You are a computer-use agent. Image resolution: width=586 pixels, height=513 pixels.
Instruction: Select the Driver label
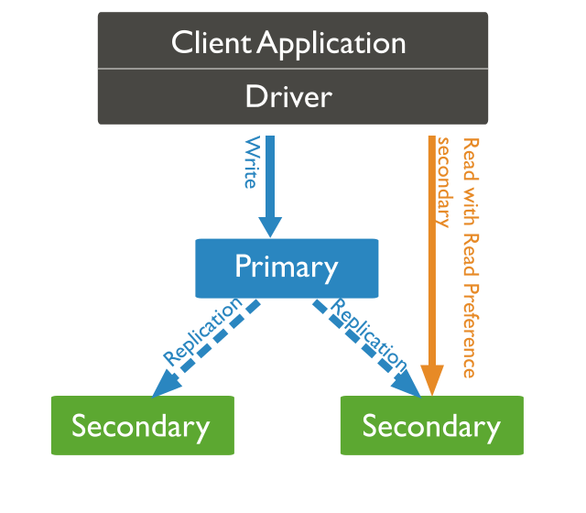(288, 96)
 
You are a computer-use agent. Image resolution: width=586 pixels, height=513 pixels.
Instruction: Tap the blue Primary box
(287, 267)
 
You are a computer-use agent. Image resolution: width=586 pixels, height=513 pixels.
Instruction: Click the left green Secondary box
(141, 426)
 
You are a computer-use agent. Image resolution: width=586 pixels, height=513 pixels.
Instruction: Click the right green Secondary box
(431, 426)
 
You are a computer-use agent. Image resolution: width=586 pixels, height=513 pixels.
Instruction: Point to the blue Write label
(250, 163)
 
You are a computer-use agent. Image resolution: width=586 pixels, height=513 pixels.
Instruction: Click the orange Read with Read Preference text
(470, 256)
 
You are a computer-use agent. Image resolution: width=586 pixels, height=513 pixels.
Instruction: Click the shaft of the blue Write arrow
(269, 174)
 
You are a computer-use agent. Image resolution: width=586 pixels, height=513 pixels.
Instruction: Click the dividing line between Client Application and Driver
(293, 69)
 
